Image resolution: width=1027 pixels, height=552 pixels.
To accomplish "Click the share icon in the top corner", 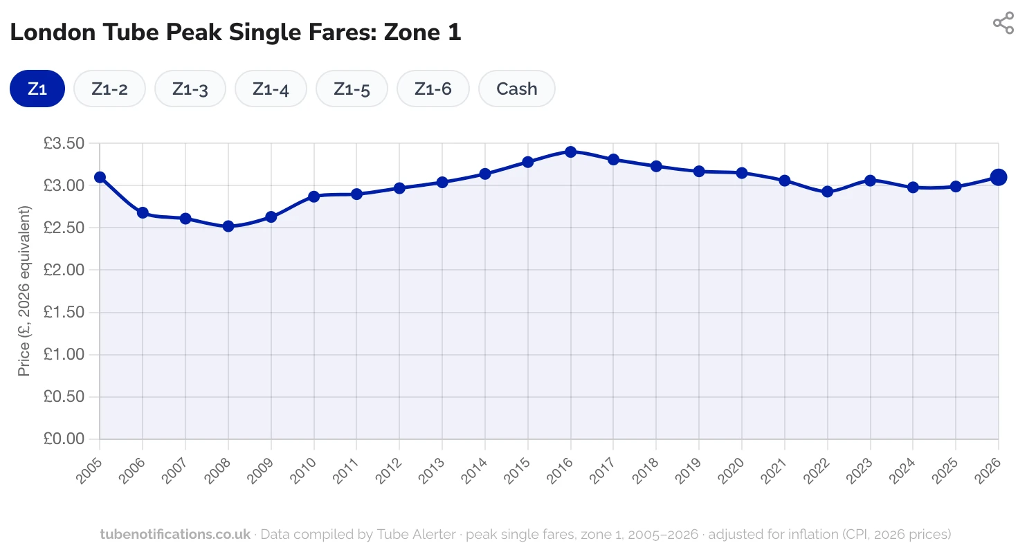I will pyautogui.click(x=1003, y=23).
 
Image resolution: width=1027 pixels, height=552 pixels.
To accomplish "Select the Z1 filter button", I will pyautogui.click(x=37, y=89).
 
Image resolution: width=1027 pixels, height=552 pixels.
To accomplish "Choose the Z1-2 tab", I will pyautogui.click(x=109, y=89).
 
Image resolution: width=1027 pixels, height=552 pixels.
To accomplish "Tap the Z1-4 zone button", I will pyautogui.click(x=271, y=89).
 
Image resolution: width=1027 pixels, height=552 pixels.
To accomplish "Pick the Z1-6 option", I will pyautogui.click(x=433, y=89).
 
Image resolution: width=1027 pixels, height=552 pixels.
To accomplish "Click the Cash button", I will pyautogui.click(x=516, y=89).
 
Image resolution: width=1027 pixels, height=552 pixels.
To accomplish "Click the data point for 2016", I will pyautogui.click(x=570, y=151).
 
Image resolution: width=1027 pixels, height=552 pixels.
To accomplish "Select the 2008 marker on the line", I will pyautogui.click(x=228, y=226).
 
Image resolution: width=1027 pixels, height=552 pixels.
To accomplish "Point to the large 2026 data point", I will pyautogui.click(x=998, y=177).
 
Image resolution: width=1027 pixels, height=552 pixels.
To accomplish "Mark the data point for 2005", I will pyautogui.click(x=100, y=177).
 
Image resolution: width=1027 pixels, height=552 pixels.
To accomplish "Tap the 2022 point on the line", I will pyautogui.click(x=827, y=192).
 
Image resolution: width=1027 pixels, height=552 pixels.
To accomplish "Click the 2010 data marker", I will pyautogui.click(x=313, y=196).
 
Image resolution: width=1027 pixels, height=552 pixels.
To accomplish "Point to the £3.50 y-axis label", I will pyautogui.click(x=64, y=144).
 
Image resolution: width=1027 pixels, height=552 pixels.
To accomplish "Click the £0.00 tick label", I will pyautogui.click(x=64, y=439).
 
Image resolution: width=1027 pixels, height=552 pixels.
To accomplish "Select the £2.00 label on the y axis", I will pyautogui.click(x=64, y=270).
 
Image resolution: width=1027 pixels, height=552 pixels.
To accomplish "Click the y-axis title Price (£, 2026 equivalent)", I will pyautogui.click(x=24, y=291).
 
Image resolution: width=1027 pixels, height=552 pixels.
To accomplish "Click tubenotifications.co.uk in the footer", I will pyautogui.click(x=175, y=534).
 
